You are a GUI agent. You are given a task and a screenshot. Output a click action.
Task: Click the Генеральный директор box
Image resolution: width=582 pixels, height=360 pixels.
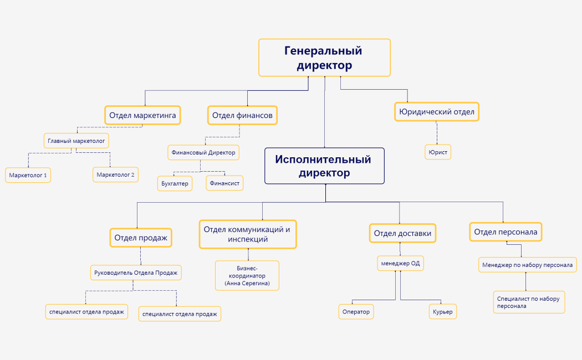[x=324, y=58]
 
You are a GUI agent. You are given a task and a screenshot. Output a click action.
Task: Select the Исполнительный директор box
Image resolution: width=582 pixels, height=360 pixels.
[x=324, y=166]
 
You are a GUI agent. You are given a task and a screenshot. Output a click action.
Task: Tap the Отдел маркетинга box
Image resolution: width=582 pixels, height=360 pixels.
[x=143, y=115]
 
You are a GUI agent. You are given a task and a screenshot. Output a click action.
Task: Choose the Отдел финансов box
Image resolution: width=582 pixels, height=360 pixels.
[x=242, y=115]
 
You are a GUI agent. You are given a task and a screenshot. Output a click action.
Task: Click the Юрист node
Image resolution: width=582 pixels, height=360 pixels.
[x=437, y=152]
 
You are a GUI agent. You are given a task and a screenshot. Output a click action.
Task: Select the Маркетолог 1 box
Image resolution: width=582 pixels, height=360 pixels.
[x=28, y=175]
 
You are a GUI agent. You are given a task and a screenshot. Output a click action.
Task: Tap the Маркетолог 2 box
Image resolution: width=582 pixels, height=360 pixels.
[x=115, y=175]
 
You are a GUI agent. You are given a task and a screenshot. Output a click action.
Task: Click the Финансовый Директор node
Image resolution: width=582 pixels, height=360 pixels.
[x=203, y=152]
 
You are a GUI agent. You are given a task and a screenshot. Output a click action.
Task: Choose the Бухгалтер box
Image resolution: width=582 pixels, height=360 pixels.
[x=175, y=183]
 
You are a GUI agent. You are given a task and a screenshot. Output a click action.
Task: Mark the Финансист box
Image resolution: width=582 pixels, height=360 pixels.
[x=224, y=183]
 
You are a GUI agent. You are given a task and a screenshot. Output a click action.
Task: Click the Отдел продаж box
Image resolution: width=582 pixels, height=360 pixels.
[x=140, y=238]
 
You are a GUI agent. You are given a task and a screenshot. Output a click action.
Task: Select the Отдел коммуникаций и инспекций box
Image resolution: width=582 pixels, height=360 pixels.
[x=247, y=234]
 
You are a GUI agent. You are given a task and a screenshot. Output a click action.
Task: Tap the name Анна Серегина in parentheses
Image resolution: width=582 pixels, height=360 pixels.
[x=247, y=283]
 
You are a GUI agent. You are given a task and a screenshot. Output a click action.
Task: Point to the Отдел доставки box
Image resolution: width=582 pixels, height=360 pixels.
[x=402, y=233]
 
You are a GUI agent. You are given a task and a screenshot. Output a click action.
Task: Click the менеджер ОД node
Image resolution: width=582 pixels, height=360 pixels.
[x=400, y=264]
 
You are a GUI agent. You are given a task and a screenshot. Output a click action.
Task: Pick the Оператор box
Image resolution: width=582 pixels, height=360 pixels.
[x=355, y=312]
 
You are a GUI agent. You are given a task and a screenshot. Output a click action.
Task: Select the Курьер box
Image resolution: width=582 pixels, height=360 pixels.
[x=442, y=312]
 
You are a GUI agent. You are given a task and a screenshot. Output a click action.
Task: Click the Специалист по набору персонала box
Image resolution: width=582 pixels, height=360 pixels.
[x=529, y=302]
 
